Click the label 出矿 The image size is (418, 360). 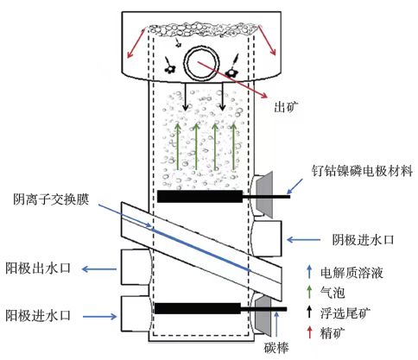click(286, 107)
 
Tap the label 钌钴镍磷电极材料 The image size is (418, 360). click(363, 171)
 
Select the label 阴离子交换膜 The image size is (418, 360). click(51, 199)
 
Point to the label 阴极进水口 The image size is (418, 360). click(363, 239)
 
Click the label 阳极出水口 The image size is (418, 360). click(38, 268)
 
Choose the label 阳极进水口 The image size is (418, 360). click(38, 316)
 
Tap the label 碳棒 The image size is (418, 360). click(276, 348)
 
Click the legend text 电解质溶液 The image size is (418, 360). click(351, 273)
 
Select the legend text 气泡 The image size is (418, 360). click(332, 293)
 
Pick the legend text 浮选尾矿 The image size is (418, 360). click(345, 313)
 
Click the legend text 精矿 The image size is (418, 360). click(332, 333)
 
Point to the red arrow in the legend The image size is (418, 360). click(310, 332)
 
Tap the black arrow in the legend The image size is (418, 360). click(310, 312)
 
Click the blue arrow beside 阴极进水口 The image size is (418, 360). click(303, 239)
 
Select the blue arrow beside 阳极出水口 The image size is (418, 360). click(99, 269)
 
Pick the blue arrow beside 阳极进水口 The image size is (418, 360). click(99, 317)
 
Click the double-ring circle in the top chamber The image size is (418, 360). click(202, 63)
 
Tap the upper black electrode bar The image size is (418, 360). click(199, 196)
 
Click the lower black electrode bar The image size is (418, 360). click(198, 308)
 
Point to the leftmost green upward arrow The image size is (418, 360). click(178, 146)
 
